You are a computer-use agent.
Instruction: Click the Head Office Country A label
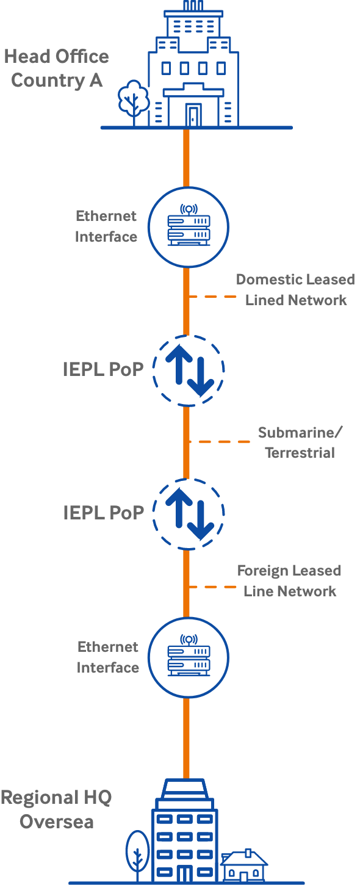coord(57,68)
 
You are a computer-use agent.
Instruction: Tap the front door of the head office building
coord(193,115)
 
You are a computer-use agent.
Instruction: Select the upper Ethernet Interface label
coord(106,226)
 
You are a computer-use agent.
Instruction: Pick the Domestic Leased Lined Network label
coord(295,289)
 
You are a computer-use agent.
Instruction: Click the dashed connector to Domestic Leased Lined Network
coord(212,296)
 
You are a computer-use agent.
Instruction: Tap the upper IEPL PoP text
coord(103,369)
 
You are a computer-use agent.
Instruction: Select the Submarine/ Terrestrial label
coord(300,442)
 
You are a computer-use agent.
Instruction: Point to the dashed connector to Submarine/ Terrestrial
coord(219,442)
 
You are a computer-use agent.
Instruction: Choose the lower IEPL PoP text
coord(104,513)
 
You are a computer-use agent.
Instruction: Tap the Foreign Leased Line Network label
coord(289,581)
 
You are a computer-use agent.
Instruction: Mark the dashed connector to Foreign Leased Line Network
coord(212,587)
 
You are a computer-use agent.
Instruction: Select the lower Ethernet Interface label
coord(108,657)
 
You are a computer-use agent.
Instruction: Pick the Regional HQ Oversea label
coord(56,809)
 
